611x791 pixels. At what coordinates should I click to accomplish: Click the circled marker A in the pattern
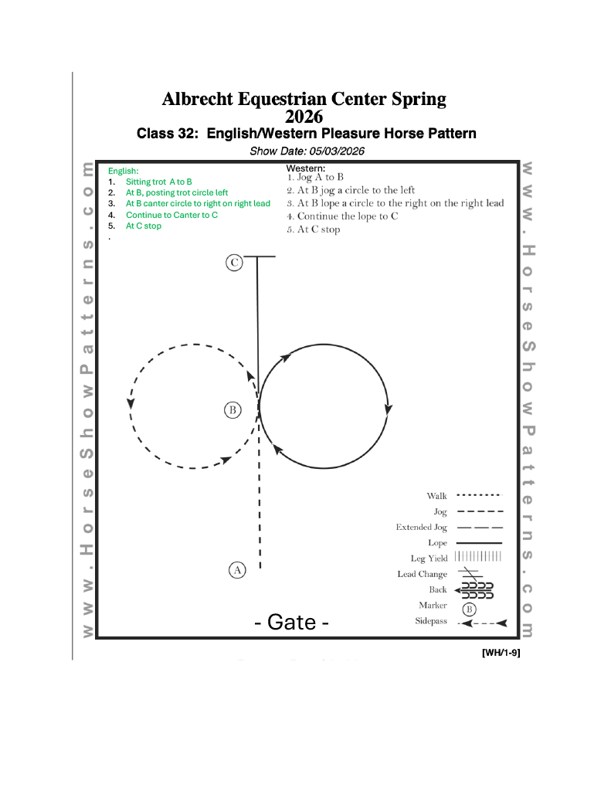tap(237, 570)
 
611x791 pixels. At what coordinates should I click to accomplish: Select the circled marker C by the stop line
tap(234, 263)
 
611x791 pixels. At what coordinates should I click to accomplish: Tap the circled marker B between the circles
tap(233, 409)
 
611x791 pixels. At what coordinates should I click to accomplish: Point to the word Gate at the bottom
tap(292, 622)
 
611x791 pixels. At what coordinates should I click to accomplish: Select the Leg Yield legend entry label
tap(429, 558)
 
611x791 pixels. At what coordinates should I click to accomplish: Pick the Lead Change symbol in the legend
tap(470, 574)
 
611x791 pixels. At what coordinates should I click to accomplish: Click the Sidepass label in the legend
tap(431, 621)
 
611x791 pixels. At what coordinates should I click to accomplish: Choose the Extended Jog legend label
tap(422, 528)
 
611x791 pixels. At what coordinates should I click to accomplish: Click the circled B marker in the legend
tap(469, 608)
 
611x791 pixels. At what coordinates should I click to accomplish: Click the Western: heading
tap(306, 168)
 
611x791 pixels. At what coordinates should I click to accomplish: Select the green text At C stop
tap(144, 226)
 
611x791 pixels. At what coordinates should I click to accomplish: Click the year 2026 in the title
tap(304, 117)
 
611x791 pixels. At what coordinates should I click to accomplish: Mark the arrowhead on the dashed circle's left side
tap(131, 403)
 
